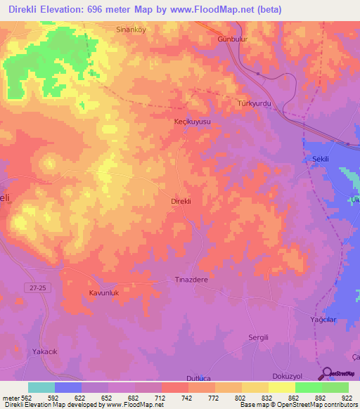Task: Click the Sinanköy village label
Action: click(131, 30)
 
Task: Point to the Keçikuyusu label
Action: click(192, 122)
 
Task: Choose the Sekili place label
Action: click(321, 160)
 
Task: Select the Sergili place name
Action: click(260, 337)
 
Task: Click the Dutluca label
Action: click(199, 378)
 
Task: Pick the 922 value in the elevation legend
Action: click(348, 397)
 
